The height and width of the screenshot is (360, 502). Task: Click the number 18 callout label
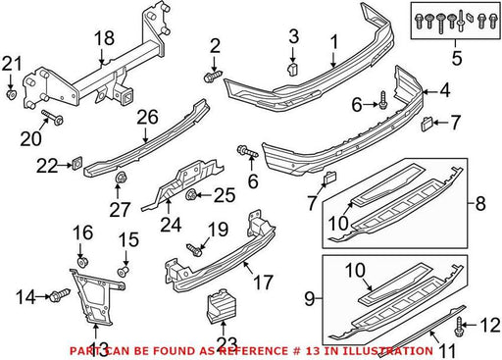pyautogui.click(x=104, y=38)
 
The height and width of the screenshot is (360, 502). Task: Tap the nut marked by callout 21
pyautogui.click(x=12, y=94)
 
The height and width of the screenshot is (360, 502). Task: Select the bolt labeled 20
pyautogui.click(x=52, y=118)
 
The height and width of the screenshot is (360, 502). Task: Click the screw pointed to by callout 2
pyautogui.click(x=213, y=76)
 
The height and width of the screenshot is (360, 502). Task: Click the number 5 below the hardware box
pyautogui.click(x=457, y=58)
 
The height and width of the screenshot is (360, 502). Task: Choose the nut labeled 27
pyautogui.click(x=121, y=178)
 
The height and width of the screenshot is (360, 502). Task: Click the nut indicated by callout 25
pyautogui.click(x=190, y=194)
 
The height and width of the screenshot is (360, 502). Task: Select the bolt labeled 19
pyautogui.click(x=194, y=250)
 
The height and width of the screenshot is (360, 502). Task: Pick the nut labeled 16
pyautogui.click(x=83, y=262)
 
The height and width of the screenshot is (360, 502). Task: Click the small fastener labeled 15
pyautogui.click(x=124, y=271)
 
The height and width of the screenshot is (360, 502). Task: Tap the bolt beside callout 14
pyautogui.click(x=60, y=295)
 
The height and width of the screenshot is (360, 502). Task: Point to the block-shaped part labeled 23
pyautogui.click(x=222, y=304)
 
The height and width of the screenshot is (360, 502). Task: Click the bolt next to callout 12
pyautogui.click(x=459, y=327)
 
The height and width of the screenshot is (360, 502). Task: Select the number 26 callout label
pyautogui.click(x=147, y=117)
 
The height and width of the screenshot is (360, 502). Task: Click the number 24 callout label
pyautogui.click(x=171, y=224)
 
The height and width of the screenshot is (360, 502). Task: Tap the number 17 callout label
pyautogui.click(x=264, y=282)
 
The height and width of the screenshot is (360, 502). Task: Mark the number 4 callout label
pyautogui.click(x=445, y=90)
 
